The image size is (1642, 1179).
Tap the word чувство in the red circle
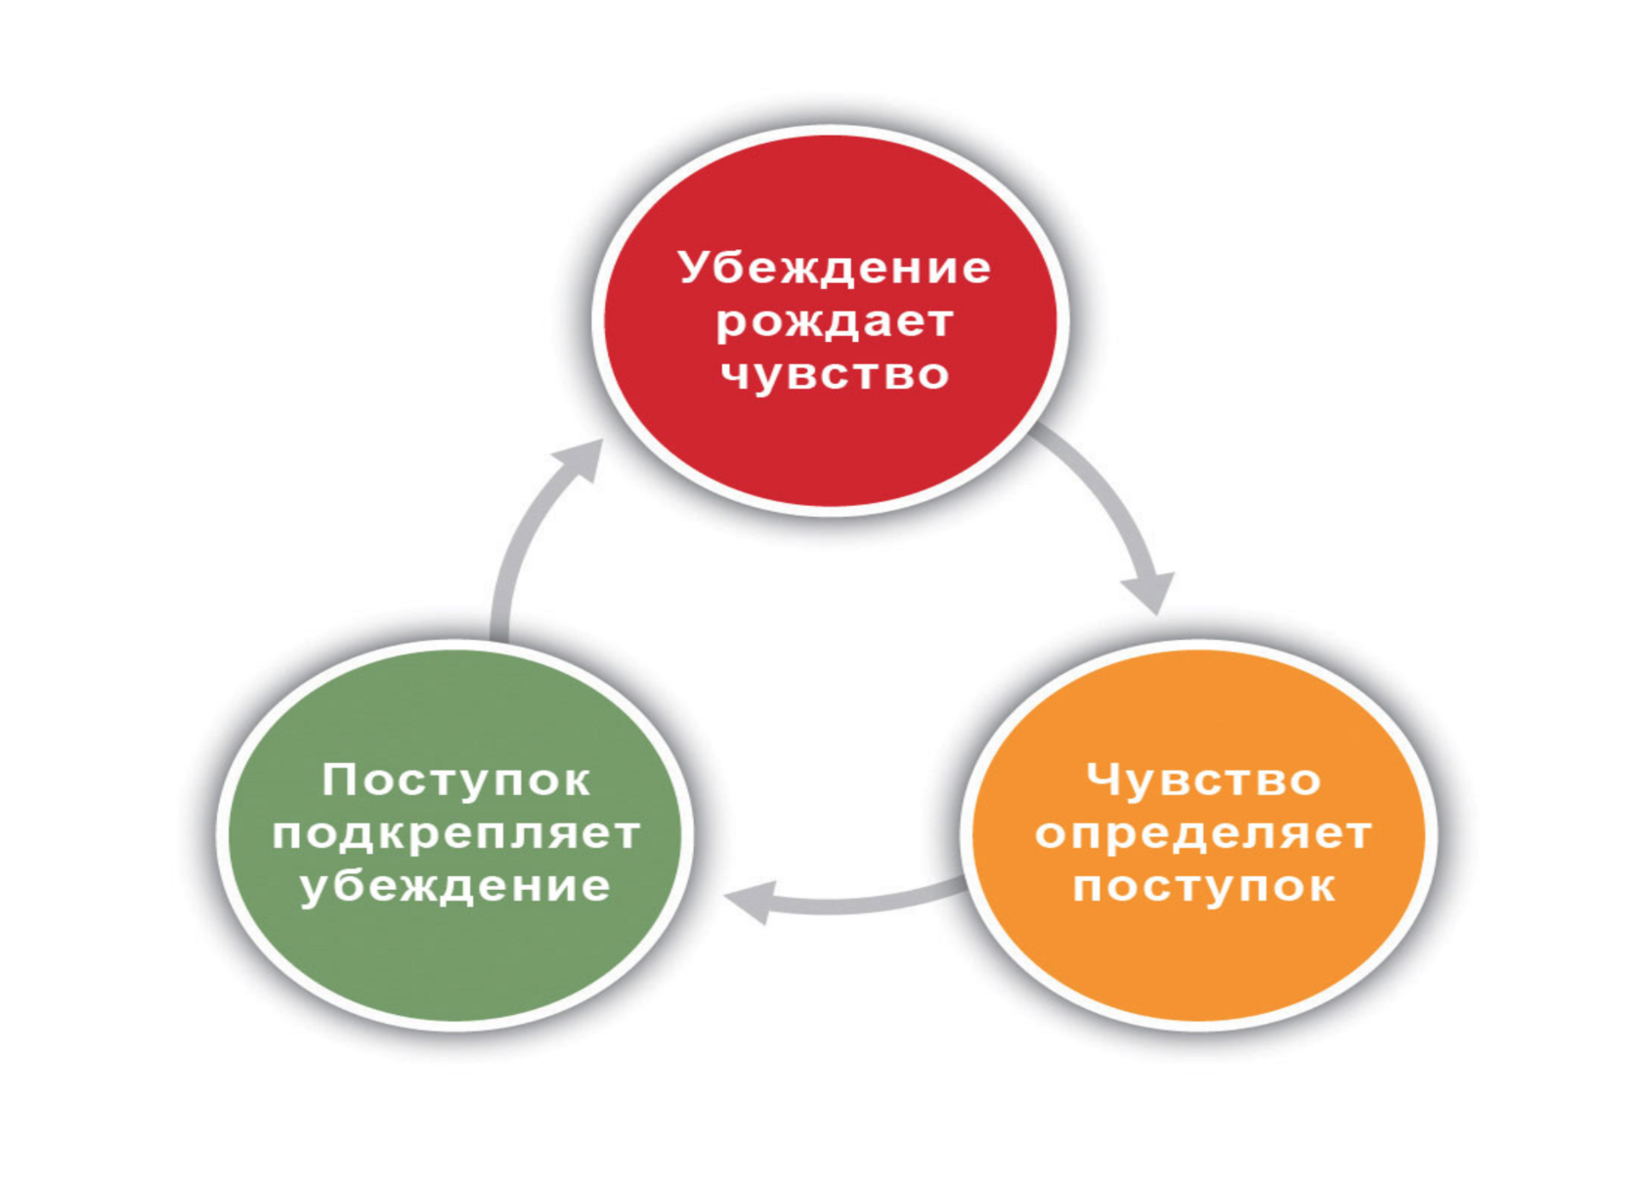point(834,375)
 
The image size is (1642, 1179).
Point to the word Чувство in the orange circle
point(1203,780)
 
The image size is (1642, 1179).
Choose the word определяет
point(1203,834)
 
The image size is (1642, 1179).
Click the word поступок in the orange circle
point(1203,887)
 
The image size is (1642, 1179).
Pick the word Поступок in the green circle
point(455,780)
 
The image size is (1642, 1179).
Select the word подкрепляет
point(455,834)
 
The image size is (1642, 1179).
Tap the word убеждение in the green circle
point(455,887)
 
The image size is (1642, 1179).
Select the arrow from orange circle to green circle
point(860,903)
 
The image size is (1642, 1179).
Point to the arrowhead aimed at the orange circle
point(1150,591)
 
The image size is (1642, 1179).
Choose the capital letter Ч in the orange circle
point(1102,780)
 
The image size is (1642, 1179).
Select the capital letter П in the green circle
point(338,780)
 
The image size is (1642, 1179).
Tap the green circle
point(455,967)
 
